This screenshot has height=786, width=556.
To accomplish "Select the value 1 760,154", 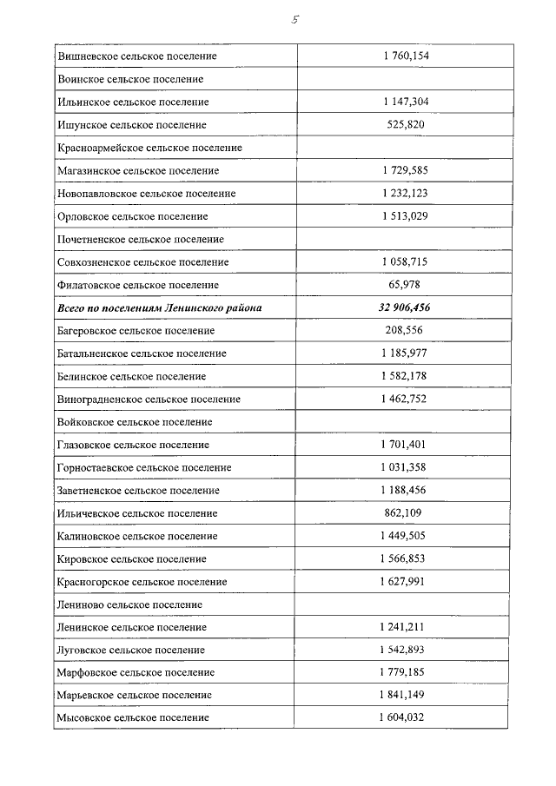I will coord(405,56).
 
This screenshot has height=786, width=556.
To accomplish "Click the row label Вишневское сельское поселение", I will coord(136,56).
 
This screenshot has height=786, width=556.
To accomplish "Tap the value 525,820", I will coord(405,125).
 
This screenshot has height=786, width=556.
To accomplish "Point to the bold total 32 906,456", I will coord(405,307).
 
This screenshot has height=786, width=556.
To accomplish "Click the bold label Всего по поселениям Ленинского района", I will coord(159,307).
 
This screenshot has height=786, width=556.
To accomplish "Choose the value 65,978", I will coord(405,285).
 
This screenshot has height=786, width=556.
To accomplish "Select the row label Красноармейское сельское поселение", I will coord(149,149).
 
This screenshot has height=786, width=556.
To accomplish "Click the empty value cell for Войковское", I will coord(405,422).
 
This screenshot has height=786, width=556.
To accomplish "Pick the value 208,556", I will coord(405,331).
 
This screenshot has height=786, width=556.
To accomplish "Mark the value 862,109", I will coord(405,513).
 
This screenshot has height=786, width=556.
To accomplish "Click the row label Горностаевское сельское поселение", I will coord(144,468).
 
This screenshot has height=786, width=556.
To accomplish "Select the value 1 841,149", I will coord(405,696).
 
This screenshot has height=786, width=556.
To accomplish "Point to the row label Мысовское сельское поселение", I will coord(133,718).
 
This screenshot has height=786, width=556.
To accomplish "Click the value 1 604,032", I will coord(405,718).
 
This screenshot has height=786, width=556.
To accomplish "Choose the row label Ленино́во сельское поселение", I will coord(129,604).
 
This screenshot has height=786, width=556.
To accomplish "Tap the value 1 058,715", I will coord(405,262).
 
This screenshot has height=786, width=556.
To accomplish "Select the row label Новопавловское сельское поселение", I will coord(146,194).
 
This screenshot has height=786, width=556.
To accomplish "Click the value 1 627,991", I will coord(405,582).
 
